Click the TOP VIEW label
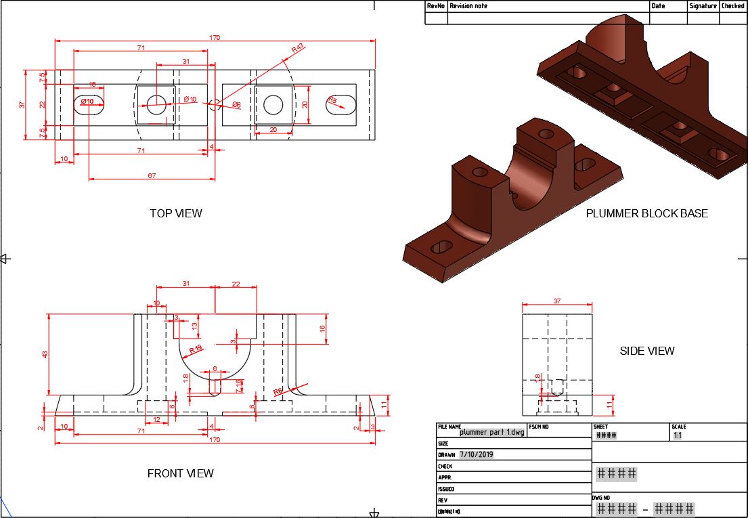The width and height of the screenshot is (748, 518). tap(176, 213)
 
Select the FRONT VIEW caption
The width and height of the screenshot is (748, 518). tap(180, 473)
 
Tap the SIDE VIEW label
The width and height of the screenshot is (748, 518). tap(647, 351)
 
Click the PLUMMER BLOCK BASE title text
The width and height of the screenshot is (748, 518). tap(646, 213)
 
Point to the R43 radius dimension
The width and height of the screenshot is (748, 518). tap(298, 49)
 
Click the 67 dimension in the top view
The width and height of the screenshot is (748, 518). tap(152, 176)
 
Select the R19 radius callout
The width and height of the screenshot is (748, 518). tap(196, 349)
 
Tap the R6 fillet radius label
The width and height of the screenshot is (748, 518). tap(278, 391)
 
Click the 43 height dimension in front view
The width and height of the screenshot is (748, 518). tap(46, 354)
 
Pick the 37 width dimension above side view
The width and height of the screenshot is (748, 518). tap(557, 301)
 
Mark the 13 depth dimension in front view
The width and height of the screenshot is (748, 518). tap(195, 326)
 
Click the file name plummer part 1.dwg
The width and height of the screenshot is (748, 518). tap(491, 432)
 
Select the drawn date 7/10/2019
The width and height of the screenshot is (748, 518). tap(481, 455)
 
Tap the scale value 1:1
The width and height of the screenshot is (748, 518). tap(678, 436)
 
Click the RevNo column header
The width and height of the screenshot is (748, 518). tap(436, 6)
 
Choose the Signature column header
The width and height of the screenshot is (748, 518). tap(703, 6)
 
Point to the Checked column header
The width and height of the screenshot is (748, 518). tap(733, 6)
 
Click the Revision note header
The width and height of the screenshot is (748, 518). tap(468, 6)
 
